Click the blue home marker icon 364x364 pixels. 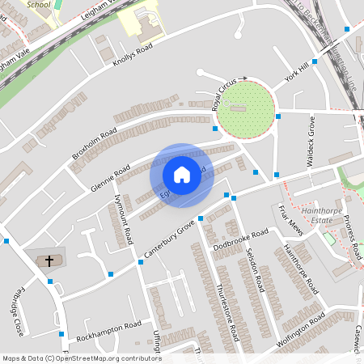pos(182,174)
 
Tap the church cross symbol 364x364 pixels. pos(49,260)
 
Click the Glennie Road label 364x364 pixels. pos(111,177)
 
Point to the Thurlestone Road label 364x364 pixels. pos(227,312)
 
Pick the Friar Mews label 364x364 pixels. pos(289,222)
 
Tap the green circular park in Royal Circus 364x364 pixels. pos(247,109)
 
